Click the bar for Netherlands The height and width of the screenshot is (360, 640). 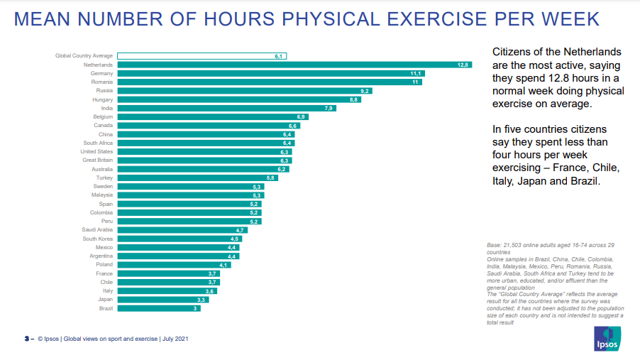click(294, 65)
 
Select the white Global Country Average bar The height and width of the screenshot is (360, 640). click(202, 55)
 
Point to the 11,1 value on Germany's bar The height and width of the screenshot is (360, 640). click(416, 73)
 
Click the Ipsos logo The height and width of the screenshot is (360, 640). click(607, 339)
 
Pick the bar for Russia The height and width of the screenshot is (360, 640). click(245, 91)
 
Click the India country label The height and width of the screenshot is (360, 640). click(106, 108)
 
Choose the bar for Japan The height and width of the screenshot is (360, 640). click(163, 300)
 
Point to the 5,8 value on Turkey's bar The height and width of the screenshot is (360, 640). click(270, 178)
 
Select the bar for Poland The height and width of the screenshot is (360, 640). click(175, 265)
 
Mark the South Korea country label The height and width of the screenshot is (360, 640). click(98, 239)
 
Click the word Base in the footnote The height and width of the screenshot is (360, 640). click(494, 245)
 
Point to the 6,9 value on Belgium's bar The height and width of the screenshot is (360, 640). click(301, 117)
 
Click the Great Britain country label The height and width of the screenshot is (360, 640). click(97, 160)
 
